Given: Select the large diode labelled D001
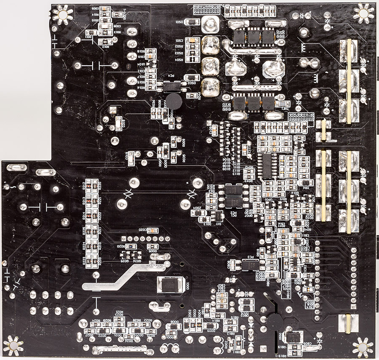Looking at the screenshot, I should pos(171,285).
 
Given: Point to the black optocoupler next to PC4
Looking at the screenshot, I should pos(171,87).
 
